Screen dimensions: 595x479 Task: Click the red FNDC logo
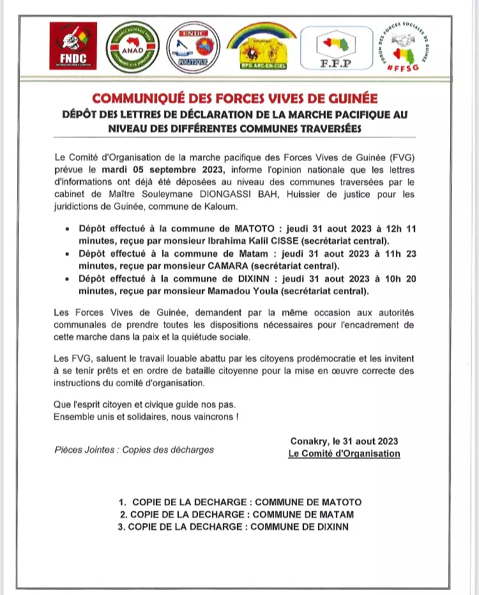pos(73,46)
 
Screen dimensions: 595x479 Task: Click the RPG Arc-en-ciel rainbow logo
pos(262,49)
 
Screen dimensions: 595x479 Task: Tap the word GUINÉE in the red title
pos(351,98)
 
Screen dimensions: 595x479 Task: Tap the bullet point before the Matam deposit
pos(68,253)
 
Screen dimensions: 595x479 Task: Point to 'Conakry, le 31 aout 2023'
pos(344,441)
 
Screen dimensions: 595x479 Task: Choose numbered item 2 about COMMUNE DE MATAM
pos(237,514)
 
